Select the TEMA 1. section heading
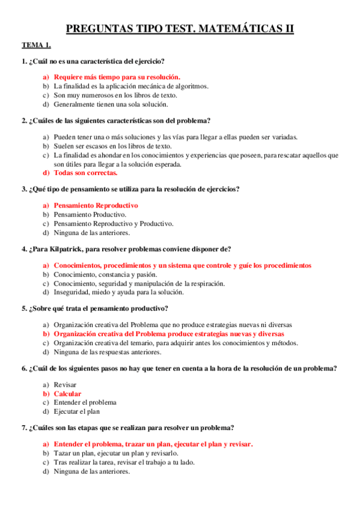pos(37,45)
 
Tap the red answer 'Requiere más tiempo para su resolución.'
pos(117,77)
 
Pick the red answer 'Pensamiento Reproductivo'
pos(96,205)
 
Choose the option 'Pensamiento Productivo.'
pos(90,214)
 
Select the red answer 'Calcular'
pos(67,394)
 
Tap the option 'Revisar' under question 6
pos(65,384)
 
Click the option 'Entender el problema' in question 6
pos(85,402)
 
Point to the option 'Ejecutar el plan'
pos(79,411)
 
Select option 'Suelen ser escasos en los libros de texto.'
pos(112,146)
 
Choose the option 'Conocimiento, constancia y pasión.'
pos(105,274)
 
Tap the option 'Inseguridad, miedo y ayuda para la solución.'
pos(118,292)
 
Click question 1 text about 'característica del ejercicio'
pos(96,61)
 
